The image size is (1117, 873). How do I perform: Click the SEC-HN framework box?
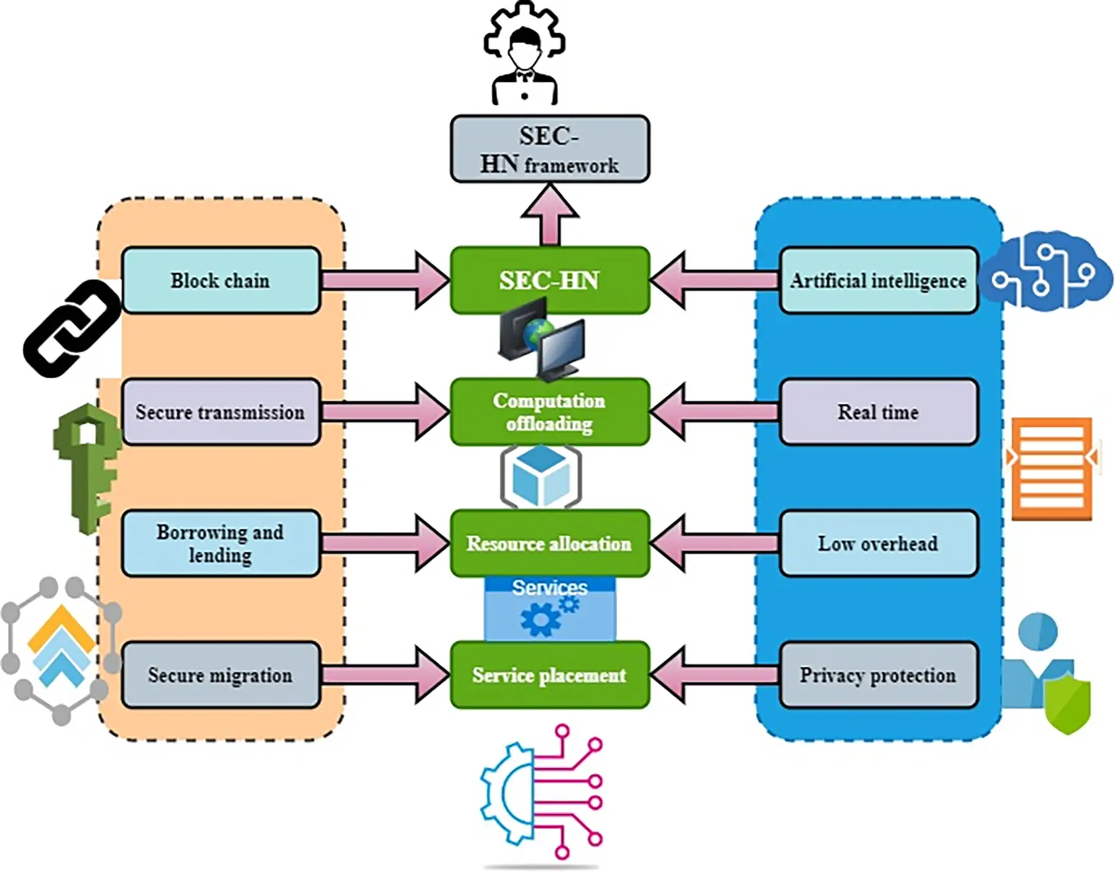pos(550,149)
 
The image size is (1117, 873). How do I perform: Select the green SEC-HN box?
pos(550,280)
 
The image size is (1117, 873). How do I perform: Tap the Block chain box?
pos(221,280)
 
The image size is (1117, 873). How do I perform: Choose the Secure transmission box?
pos(221,412)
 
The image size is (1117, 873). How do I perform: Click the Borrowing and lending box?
pos(221,543)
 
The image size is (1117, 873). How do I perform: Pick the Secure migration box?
pos(221,675)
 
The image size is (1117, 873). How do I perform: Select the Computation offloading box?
pos(550,412)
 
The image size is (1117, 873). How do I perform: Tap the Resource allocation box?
pos(550,543)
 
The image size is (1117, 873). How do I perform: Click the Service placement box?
pos(550,675)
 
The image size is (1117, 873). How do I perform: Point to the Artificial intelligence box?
pos(878,280)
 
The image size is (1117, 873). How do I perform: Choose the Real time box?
pos(878,412)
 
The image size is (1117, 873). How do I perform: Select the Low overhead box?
pos(878,543)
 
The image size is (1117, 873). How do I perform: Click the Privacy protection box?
pos(878,675)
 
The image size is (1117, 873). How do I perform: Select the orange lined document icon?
pos(1052,469)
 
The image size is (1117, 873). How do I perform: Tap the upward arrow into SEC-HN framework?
pos(550,213)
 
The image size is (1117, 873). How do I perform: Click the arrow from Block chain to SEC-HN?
pos(386,280)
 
